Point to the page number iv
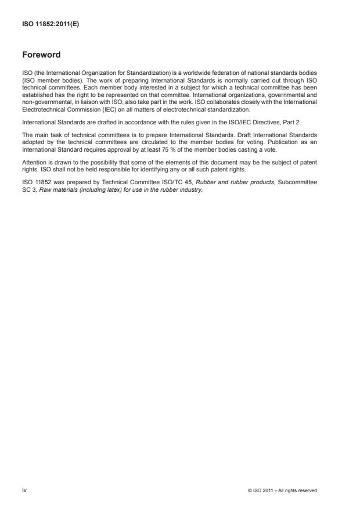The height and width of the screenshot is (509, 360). (24, 490)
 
